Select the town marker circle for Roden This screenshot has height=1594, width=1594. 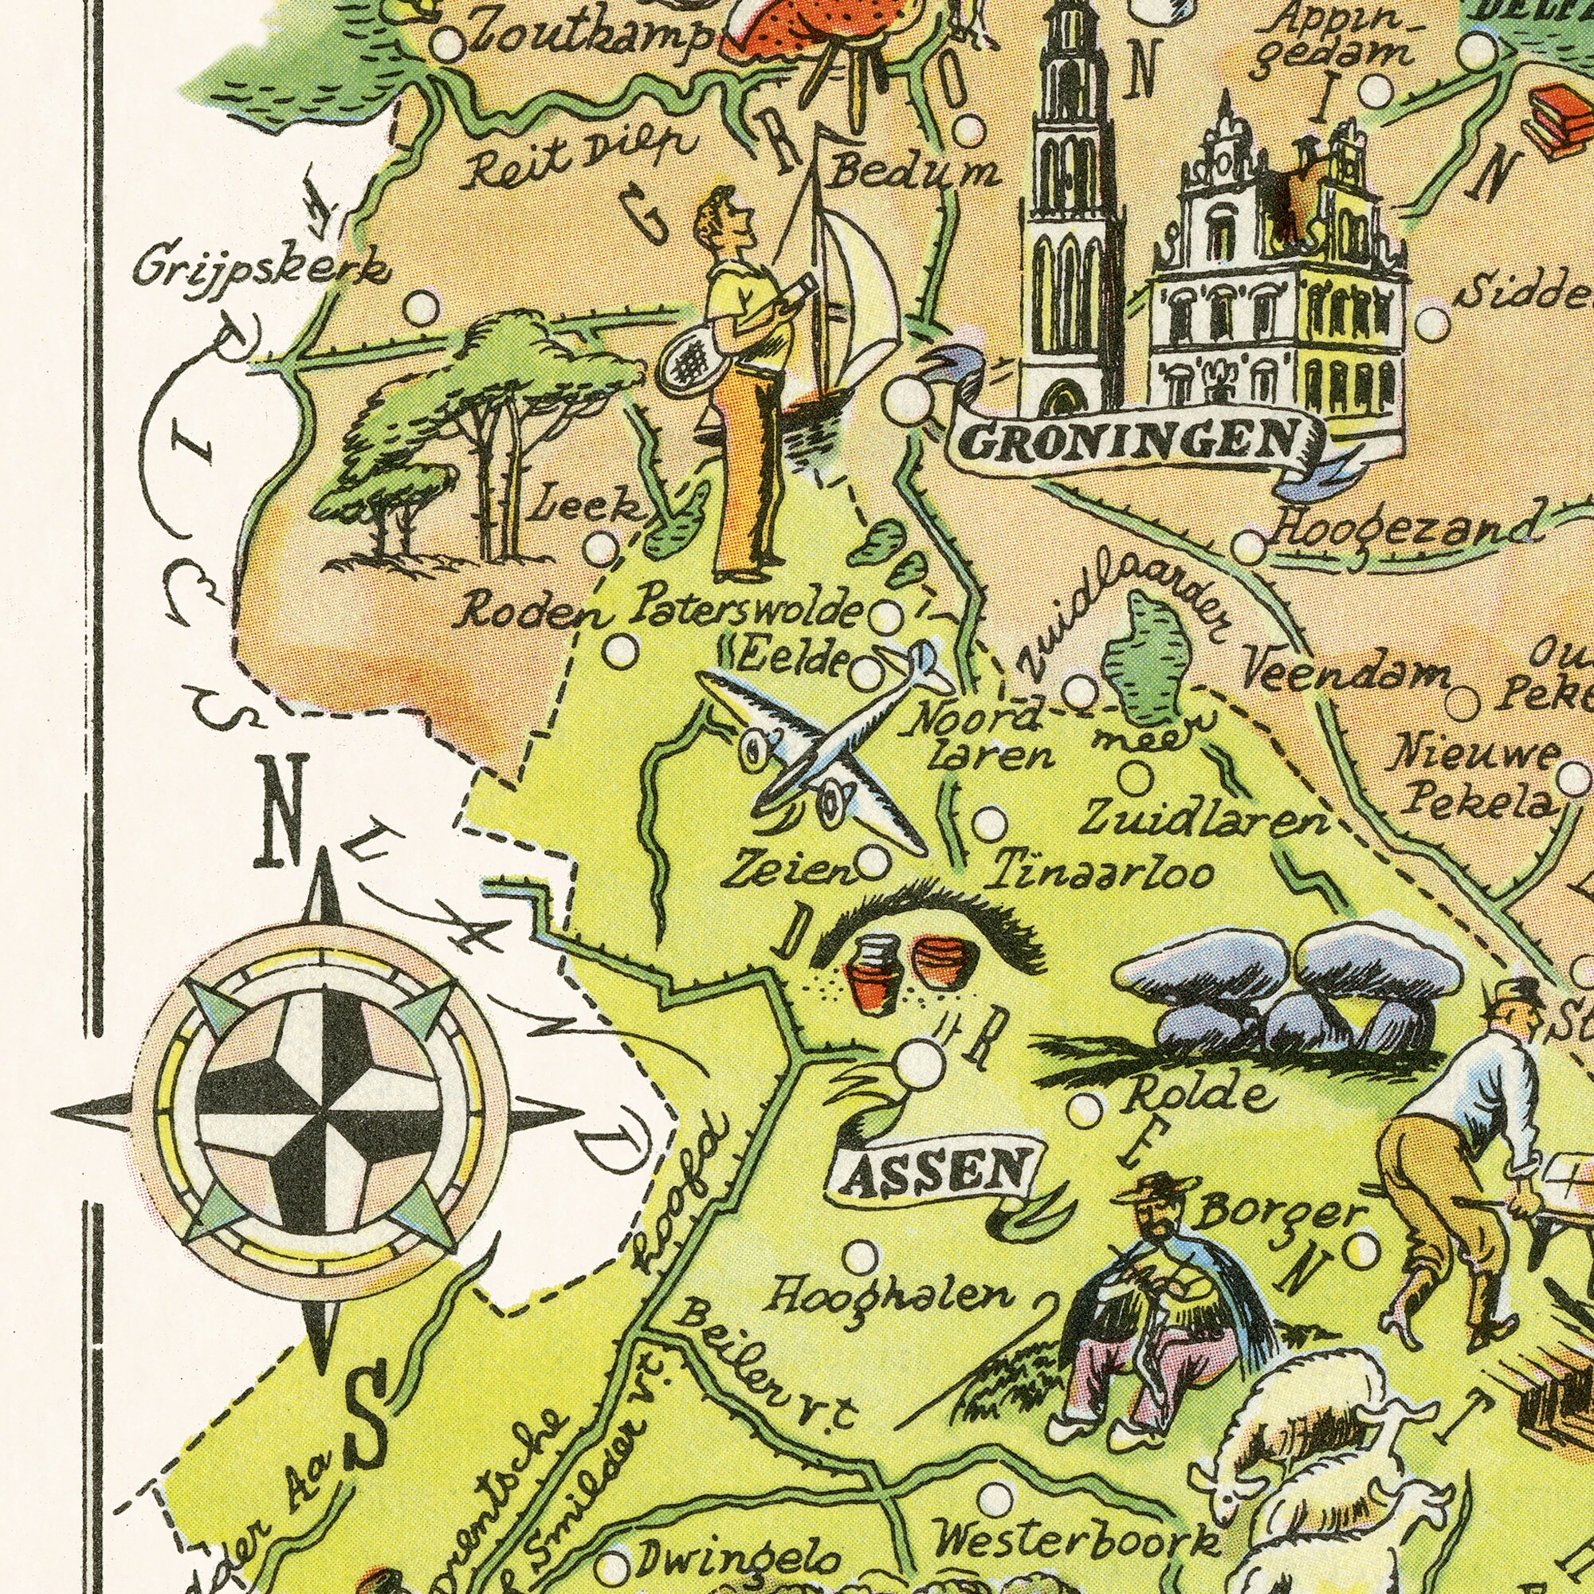[625, 653]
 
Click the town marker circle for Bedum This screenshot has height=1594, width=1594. [970, 131]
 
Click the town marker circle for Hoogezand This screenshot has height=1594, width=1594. [1249, 547]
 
